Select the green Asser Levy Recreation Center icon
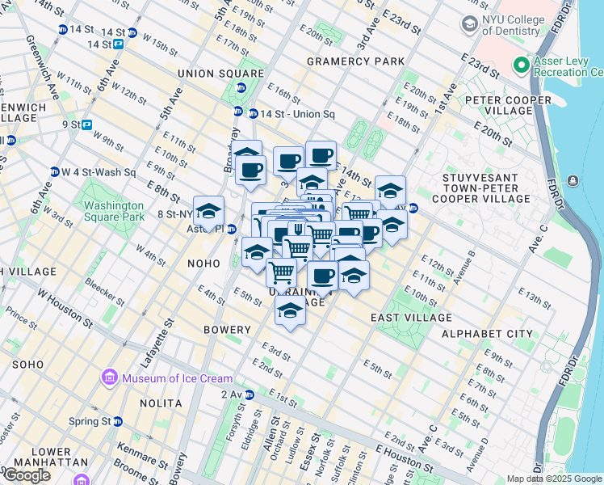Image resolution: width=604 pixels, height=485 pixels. [x=521, y=65]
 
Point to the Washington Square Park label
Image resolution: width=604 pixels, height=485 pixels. [x=114, y=211]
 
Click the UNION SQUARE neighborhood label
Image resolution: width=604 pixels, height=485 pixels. [x=211, y=74]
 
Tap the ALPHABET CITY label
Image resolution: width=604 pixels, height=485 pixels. [x=487, y=333]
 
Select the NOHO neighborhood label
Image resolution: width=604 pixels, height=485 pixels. [x=203, y=264]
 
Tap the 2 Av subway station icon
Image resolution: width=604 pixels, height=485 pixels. [x=250, y=394]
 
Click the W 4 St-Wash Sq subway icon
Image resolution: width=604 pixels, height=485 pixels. [x=55, y=172]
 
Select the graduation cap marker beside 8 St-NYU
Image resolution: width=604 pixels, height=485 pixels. [x=208, y=212]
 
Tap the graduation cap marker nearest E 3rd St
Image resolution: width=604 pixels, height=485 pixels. [x=290, y=311]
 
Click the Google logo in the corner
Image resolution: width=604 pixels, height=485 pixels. [x=27, y=475]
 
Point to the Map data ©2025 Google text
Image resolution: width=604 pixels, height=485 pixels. [x=554, y=479]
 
